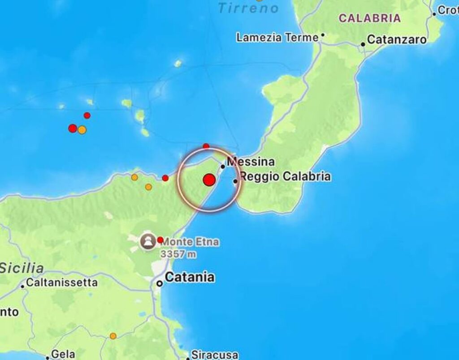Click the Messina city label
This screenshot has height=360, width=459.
pos(251,162)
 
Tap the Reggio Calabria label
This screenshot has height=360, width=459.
pos(285,176)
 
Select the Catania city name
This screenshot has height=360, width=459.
pos(189,278)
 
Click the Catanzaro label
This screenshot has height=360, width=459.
pos(397,40)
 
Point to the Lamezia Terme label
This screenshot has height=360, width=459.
pos(277,38)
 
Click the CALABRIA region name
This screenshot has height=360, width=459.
pos(369,18)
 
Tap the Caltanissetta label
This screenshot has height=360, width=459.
pos(61,283)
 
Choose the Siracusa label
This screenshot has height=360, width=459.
pos(215,355)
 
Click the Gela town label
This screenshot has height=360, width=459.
pos(63,354)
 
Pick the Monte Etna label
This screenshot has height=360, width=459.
pos(190,242)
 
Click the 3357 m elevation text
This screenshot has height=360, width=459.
pos(179,254)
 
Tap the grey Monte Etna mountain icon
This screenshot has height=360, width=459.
pos(147,241)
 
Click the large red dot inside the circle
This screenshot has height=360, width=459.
pos(209,180)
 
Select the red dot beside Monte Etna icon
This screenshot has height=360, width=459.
pos(160,240)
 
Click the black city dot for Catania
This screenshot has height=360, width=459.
pos(159,283)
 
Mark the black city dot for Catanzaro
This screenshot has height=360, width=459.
pos(363,44)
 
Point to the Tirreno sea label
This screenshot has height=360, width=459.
pos(248,8)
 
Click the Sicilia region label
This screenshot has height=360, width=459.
pos(22,268)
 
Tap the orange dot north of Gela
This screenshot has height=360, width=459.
pos(113,336)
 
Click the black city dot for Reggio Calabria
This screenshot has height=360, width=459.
pos(235,181)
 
